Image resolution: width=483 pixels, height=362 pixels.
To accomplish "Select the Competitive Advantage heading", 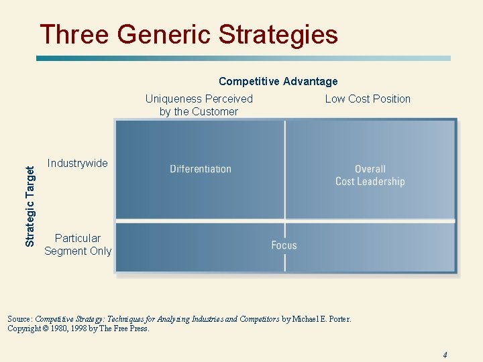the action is click(278, 81).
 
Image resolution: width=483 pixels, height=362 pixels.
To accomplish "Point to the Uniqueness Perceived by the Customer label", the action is click(199, 105).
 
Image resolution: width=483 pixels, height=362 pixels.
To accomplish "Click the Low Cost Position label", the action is click(368, 99).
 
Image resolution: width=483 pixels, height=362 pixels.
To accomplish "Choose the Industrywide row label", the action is click(77, 163).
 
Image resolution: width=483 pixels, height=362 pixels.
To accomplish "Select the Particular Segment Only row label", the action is click(78, 244).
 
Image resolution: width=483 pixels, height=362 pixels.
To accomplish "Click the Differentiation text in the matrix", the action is click(201, 169).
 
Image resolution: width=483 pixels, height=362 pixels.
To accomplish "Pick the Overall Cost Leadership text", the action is click(370, 175).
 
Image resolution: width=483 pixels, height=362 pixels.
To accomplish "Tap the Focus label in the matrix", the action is click(284, 245).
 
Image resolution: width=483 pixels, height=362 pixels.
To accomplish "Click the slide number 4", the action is click(445, 355).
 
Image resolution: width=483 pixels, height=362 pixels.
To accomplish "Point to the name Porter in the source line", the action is click(337, 319).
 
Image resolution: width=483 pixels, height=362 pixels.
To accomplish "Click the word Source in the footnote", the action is click(19, 319).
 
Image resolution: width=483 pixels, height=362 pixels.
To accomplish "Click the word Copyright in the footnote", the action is click(25, 328).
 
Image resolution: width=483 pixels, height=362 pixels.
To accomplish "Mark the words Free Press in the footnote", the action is click(134, 328).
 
